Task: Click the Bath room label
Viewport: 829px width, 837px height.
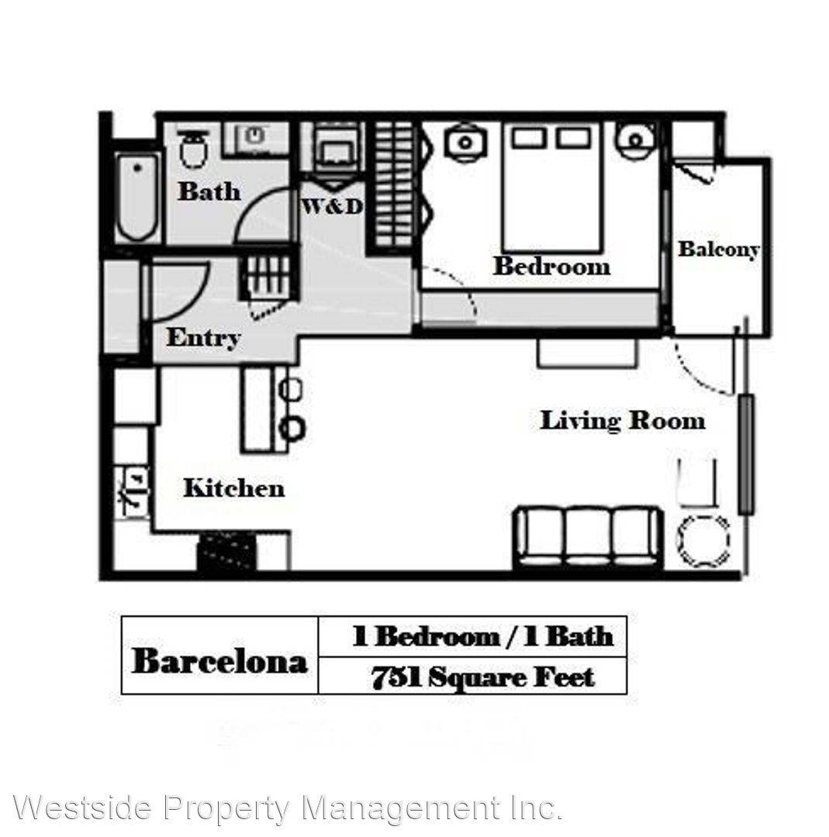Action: point(209,191)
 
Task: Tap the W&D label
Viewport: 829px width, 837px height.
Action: point(332,207)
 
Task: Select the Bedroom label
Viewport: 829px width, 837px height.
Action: point(551,266)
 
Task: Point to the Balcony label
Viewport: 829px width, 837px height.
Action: point(718,250)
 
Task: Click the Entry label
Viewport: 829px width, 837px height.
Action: point(203,338)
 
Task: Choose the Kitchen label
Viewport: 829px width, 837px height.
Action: point(234,488)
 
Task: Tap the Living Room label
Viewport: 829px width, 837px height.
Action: point(623,421)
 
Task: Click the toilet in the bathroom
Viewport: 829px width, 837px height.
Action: point(193,148)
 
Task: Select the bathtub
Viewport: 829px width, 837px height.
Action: point(137,196)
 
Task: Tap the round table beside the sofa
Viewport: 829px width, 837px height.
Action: point(703,541)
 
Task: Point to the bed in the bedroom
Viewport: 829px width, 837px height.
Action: point(552,188)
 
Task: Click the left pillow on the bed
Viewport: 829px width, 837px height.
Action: point(529,138)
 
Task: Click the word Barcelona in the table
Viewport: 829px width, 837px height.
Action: point(219,661)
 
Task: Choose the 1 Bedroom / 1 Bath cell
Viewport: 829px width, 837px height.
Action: point(482,637)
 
